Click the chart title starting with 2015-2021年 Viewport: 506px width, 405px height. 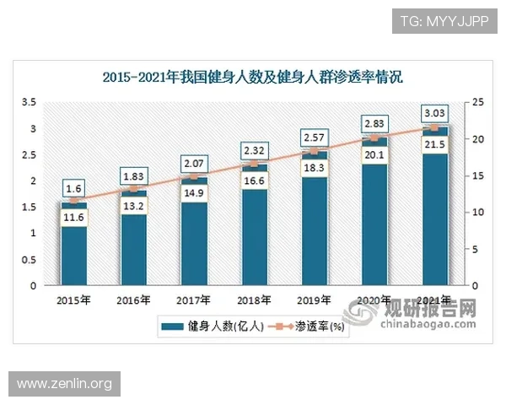[x=252, y=78]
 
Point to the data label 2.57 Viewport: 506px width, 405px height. [x=314, y=137]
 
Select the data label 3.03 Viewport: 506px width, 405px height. [x=434, y=113]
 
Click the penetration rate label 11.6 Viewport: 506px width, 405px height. [x=73, y=218]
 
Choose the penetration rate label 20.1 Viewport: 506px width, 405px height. [x=374, y=154]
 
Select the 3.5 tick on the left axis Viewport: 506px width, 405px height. [x=29, y=102]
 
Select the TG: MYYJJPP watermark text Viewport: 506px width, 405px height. [x=444, y=20]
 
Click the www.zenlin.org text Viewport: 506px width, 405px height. [x=64, y=384]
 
